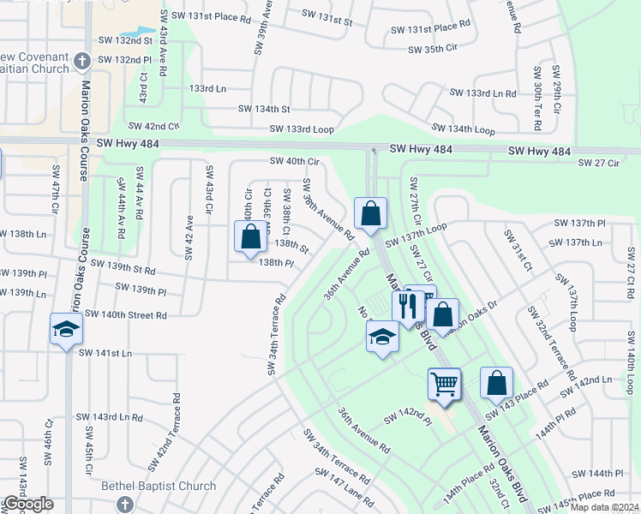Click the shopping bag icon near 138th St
click(250, 236)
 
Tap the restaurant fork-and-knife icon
click(406, 306)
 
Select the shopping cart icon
click(444, 383)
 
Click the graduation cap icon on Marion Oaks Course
click(66, 330)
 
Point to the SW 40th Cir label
click(294, 161)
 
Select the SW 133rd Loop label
click(301, 128)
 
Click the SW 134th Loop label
click(463, 128)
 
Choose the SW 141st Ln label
click(105, 353)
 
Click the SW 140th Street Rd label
click(127, 315)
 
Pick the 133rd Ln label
click(207, 88)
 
